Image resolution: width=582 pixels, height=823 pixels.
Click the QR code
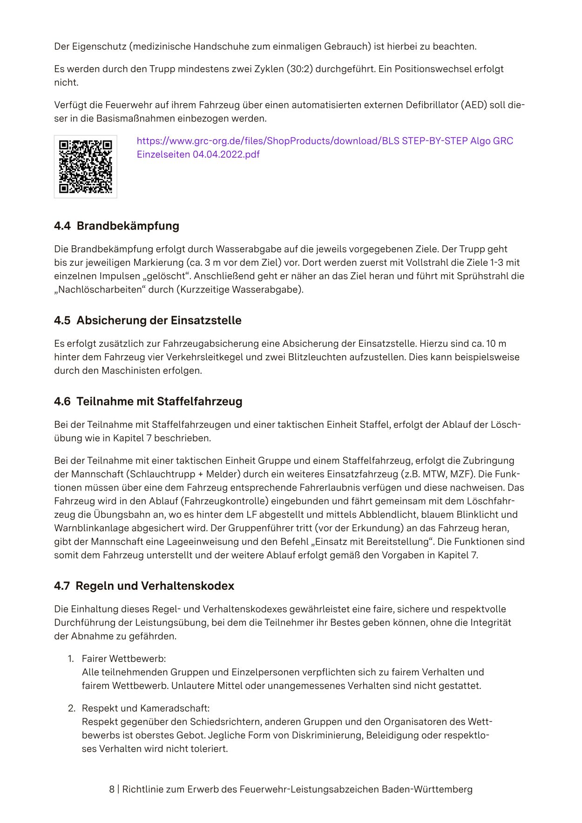pos(86,167)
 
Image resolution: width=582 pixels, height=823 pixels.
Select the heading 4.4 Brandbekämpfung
pos(116,226)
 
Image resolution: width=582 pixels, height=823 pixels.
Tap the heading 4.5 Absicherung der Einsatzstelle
pos(148,320)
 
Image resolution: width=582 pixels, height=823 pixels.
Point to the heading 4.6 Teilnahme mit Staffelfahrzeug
pos(148,401)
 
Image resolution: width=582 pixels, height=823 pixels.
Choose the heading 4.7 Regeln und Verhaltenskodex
pos(144,586)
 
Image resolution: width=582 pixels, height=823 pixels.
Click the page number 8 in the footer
pos(112,789)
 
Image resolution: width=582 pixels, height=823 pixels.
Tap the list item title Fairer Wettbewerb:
pos(123,659)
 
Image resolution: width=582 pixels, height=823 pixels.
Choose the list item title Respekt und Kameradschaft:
pos(145,708)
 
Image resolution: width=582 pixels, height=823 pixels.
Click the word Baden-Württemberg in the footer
pos(427,789)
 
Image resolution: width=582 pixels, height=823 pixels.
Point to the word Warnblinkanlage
pos(91,528)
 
